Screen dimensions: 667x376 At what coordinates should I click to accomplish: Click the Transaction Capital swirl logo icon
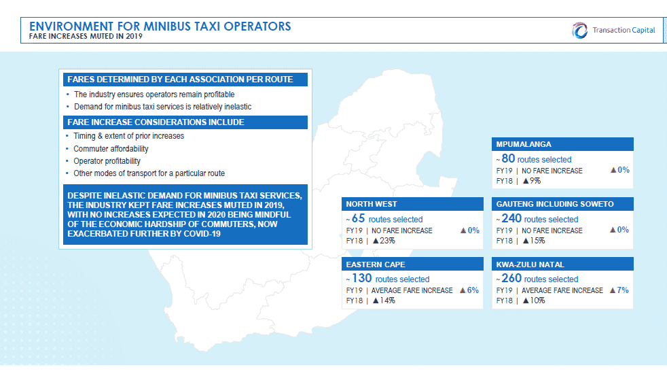[579, 30]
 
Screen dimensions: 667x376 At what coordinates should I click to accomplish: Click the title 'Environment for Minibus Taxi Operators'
[160, 27]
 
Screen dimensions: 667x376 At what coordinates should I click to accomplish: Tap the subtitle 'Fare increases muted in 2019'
[86, 36]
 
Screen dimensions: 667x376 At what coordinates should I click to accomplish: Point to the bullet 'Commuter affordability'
[111, 149]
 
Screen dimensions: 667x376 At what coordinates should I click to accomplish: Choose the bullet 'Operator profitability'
[107, 161]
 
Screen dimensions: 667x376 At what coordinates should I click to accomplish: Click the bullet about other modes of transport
[149, 173]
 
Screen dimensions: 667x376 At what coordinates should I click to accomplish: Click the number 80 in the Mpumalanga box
[508, 158]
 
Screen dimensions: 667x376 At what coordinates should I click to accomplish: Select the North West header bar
[412, 204]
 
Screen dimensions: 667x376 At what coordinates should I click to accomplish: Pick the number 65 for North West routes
[358, 218]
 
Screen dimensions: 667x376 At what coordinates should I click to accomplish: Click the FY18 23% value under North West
[384, 241]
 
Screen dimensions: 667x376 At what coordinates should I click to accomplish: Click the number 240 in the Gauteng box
[511, 218]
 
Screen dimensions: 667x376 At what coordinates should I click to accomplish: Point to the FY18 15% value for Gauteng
[534, 241]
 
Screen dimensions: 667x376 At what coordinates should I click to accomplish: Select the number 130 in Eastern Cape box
[361, 278]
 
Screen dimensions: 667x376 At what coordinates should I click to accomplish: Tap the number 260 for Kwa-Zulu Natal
[511, 278]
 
